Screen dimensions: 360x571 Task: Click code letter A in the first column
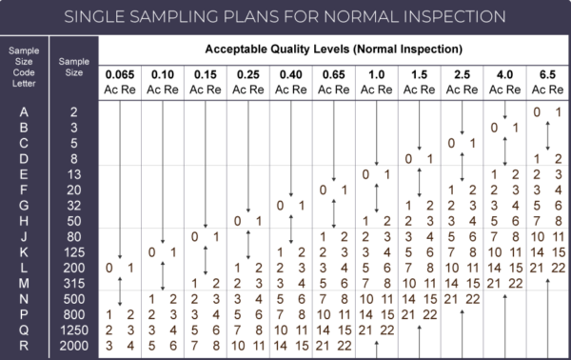pyautogui.click(x=23, y=111)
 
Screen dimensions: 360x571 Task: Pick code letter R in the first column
pyautogui.click(x=23, y=344)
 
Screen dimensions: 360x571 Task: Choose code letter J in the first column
pyautogui.click(x=23, y=236)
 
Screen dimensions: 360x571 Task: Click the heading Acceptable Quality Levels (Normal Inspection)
pyautogui.click(x=333, y=49)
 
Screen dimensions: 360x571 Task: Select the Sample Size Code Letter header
pyautogui.click(x=23, y=63)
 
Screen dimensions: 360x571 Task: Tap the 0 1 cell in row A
pyautogui.click(x=547, y=111)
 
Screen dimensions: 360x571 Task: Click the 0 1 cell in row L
pyautogui.click(x=119, y=267)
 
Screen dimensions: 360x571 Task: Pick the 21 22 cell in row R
pyautogui.click(x=333, y=344)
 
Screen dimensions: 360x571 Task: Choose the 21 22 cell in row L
pyautogui.click(x=547, y=267)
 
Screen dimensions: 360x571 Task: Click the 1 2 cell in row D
pyautogui.click(x=547, y=158)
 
